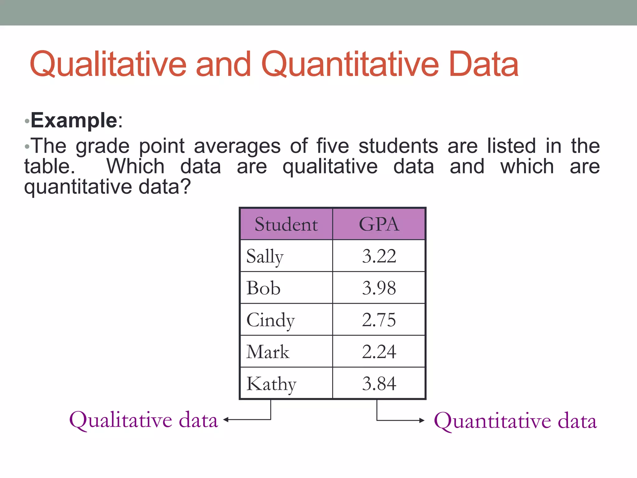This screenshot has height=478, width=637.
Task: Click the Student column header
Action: click(x=286, y=224)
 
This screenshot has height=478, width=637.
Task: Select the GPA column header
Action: click(x=379, y=224)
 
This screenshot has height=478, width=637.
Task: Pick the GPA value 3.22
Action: click(x=379, y=256)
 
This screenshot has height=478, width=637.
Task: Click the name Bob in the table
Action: click(x=263, y=288)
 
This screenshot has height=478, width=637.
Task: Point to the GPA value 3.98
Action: click(x=379, y=288)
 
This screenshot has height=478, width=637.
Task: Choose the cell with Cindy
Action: click(x=270, y=320)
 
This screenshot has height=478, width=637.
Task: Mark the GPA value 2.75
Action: click(x=379, y=320)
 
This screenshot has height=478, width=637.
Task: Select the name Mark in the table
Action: click(x=268, y=352)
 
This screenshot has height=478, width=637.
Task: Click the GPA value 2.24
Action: click(x=379, y=352)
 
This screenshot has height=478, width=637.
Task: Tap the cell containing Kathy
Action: click(x=271, y=384)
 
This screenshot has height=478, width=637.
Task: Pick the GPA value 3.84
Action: click(x=379, y=384)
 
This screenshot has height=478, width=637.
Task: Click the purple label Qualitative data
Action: click(x=143, y=420)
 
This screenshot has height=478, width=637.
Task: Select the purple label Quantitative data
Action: click(x=515, y=421)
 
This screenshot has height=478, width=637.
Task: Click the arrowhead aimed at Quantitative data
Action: click(x=422, y=420)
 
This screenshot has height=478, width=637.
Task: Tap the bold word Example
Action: click(x=74, y=120)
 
